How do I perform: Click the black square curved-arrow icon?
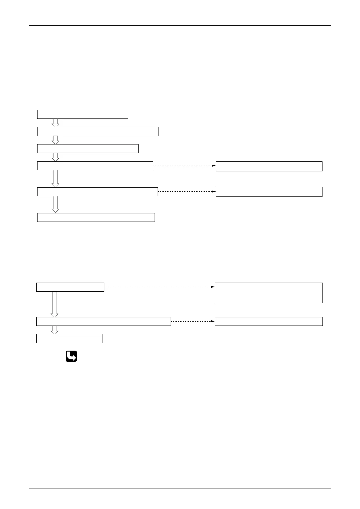71,356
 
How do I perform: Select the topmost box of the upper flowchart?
83,115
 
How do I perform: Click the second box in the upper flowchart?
98,131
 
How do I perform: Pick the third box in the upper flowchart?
88,149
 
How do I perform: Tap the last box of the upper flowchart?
96,217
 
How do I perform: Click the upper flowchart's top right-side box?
269,166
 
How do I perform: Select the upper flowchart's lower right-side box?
269,192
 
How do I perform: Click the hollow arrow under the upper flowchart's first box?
55,123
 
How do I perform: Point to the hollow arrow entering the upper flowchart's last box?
55,204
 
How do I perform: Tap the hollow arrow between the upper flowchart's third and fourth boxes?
55,157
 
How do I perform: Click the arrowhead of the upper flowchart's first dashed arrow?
213,166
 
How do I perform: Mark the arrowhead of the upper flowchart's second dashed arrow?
213,191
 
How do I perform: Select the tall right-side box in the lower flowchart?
269,293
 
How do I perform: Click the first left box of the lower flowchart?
70,287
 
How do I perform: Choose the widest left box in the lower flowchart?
103,321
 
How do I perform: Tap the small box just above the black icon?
70,339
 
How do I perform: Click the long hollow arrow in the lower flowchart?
54,304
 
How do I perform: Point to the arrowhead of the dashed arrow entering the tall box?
213,287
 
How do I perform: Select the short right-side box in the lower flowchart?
269,321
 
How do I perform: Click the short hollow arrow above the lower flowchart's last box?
54,330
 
